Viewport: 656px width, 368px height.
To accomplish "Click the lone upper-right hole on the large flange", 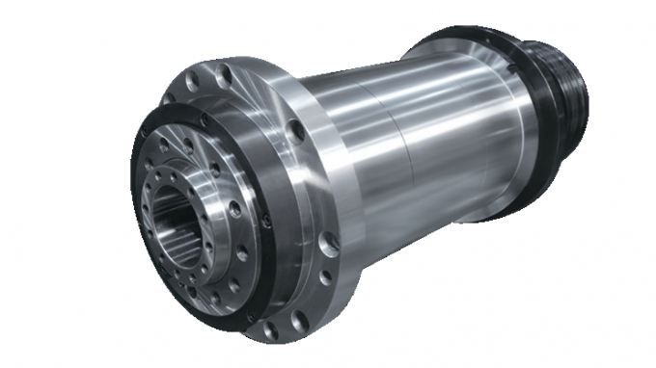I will pyautogui.click(x=293, y=125).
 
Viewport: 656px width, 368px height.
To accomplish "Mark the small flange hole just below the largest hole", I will pyautogui.click(x=322, y=278).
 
